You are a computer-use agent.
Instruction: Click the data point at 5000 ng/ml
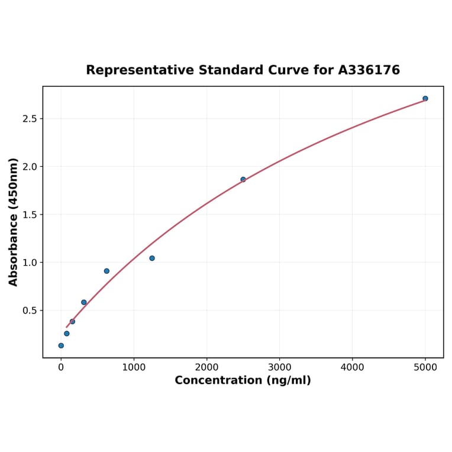[x=425, y=98]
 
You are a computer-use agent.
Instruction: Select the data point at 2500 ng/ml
[x=243, y=179]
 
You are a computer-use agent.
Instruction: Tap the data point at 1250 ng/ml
[x=152, y=258]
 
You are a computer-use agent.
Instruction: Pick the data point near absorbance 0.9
[x=106, y=271]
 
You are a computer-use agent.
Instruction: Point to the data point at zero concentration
[x=61, y=346]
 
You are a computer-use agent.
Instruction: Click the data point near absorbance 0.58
[x=84, y=302]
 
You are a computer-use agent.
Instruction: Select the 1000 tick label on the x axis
[x=134, y=367]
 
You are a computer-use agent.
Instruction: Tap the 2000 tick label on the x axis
[x=206, y=367]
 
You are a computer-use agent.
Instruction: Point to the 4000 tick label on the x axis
[x=353, y=367]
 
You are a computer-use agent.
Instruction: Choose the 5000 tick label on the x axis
[x=425, y=367]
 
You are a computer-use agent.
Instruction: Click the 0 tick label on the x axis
[x=61, y=367]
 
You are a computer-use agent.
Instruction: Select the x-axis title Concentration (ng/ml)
[x=243, y=380]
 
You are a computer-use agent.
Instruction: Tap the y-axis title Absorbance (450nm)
[x=14, y=222]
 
